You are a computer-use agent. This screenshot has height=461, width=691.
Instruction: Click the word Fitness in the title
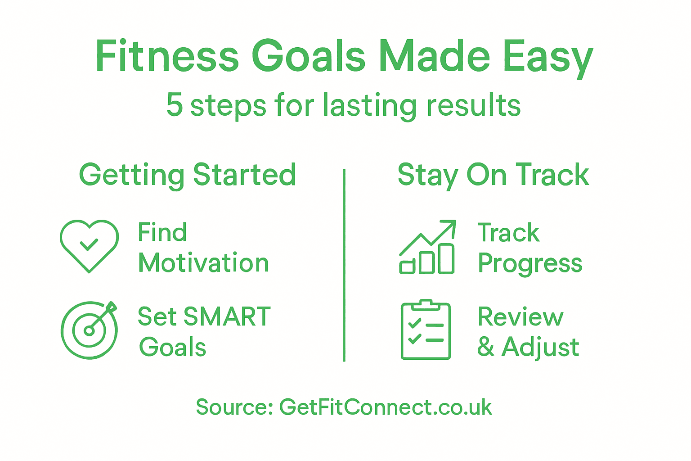pyautogui.click(x=166, y=57)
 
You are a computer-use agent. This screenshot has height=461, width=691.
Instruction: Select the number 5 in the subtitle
pyautogui.click(x=175, y=105)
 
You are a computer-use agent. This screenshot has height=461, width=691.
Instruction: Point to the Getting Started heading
pyautogui.click(x=187, y=175)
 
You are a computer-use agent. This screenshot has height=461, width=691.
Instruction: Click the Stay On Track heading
pyautogui.click(x=493, y=175)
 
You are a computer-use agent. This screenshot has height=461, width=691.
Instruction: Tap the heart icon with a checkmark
pyautogui.click(x=89, y=245)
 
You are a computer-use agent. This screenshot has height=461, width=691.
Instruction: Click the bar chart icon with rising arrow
pyautogui.click(x=427, y=247)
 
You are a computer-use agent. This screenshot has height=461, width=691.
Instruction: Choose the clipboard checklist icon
pyautogui.click(x=426, y=330)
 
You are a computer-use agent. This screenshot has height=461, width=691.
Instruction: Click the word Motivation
pyautogui.click(x=203, y=262)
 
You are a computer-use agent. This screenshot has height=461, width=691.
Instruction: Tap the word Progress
pyautogui.click(x=530, y=263)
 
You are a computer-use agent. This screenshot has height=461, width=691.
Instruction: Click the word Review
pyautogui.click(x=520, y=317)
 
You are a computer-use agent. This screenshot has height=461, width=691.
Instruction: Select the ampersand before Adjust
pyautogui.click(x=485, y=347)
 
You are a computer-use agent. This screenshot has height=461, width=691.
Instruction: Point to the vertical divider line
pyautogui.click(x=344, y=266)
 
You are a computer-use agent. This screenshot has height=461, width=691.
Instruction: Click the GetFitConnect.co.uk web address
pyautogui.click(x=386, y=407)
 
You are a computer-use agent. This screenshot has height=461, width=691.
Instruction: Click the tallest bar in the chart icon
pyautogui.click(x=446, y=259)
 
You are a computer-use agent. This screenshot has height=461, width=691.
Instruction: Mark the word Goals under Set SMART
pyautogui.click(x=173, y=347)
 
